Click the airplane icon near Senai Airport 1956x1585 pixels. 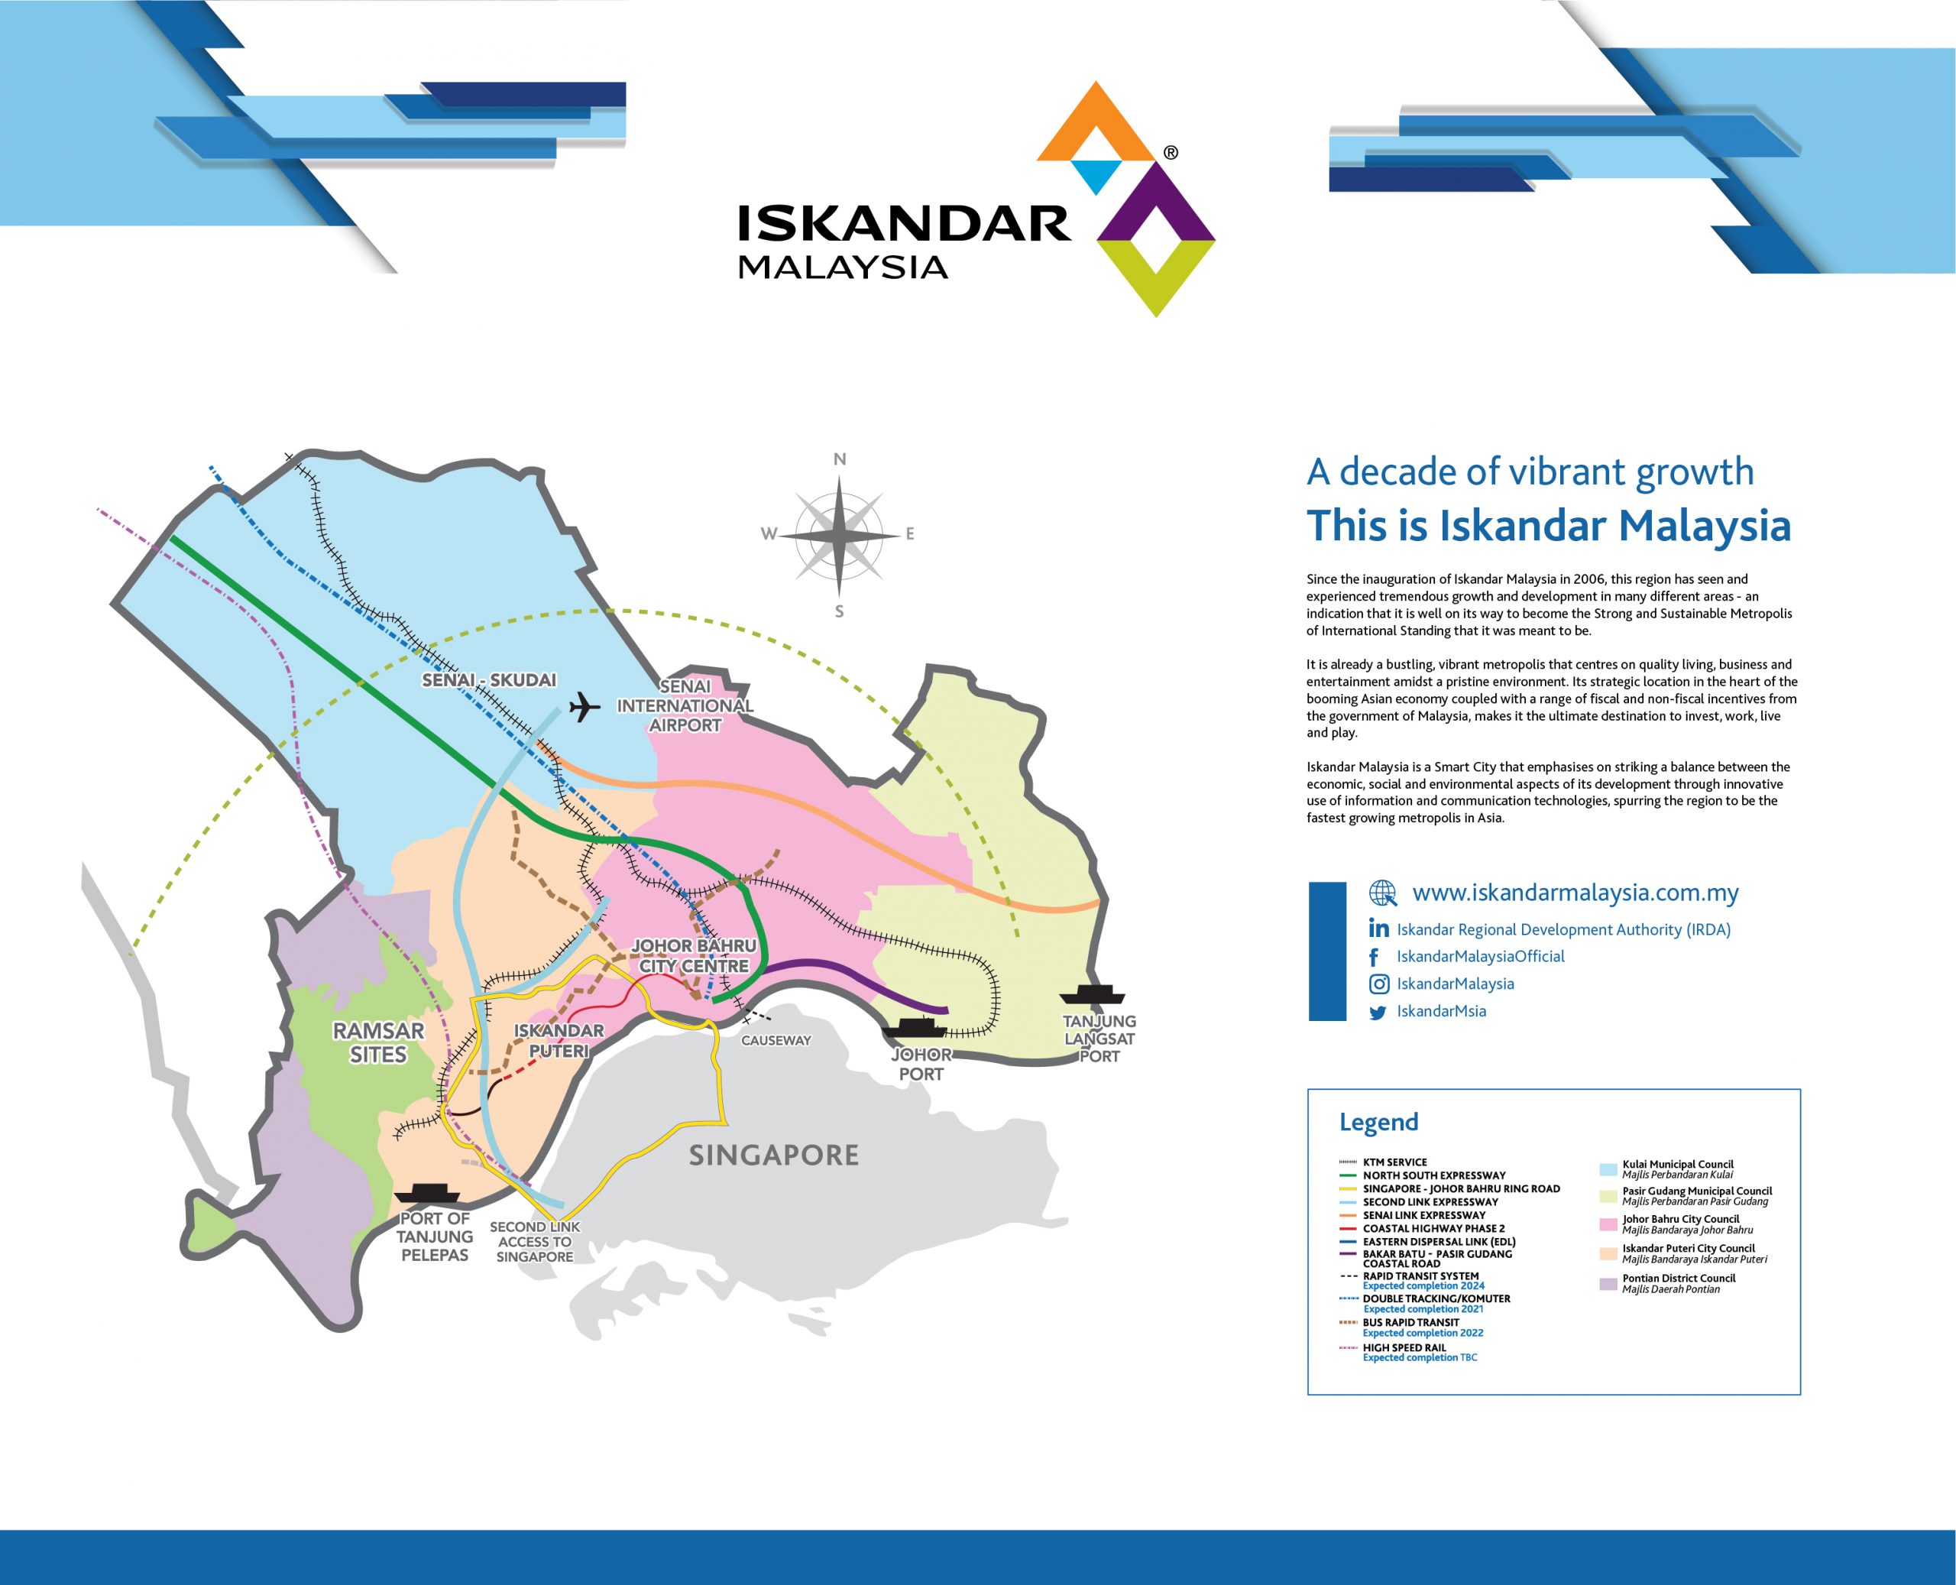[x=585, y=707]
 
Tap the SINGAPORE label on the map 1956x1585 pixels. [x=774, y=1155]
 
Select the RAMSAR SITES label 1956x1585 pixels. [x=378, y=1042]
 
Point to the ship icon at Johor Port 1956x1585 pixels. [x=915, y=1027]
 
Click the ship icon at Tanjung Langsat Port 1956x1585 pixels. [x=1092, y=994]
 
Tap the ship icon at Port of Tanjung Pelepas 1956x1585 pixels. [x=426, y=1192]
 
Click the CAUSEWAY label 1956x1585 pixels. [x=776, y=1040]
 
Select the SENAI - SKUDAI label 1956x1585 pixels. [x=489, y=680]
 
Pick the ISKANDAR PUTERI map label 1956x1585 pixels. [x=559, y=1041]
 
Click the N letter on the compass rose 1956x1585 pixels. [x=840, y=459]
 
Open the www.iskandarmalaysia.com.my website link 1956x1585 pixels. [x=1575, y=892]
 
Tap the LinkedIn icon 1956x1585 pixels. [x=1378, y=928]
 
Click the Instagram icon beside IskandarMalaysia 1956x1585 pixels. [x=1379, y=984]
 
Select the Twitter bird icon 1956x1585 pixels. [x=1378, y=1012]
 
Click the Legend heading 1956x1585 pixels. [x=1378, y=1122]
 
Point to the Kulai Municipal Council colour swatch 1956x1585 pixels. [x=1608, y=1169]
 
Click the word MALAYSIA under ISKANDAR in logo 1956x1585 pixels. [x=843, y=267]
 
